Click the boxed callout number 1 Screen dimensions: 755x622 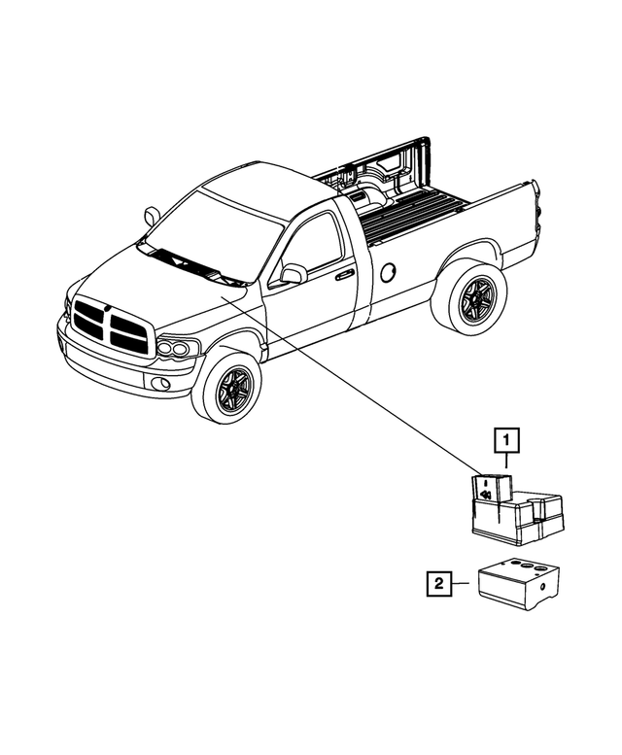[x=506, y=442]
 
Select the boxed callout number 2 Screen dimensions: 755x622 [x=438, y=584]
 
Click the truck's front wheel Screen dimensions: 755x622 [x=227, y=388]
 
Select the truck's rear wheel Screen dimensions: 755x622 [x=470, y=298]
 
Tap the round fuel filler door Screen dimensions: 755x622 [x=388, y=273]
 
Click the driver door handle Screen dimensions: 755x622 [x=344, y=276]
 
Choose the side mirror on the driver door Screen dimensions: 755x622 [x=293, y=274]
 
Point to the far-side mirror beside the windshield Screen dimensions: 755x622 [x=152, y=215]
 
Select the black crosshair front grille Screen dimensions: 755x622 [x=112, y=326]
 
